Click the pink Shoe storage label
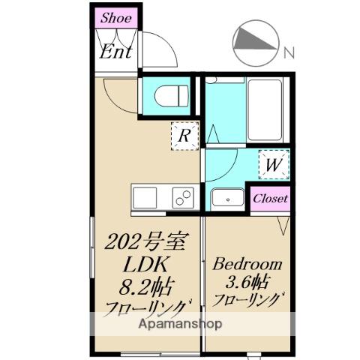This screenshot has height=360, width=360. pos(116,18)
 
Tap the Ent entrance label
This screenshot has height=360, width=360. pos(115,52)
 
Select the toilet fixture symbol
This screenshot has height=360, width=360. pos(172,96)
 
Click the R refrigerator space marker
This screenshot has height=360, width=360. pos(184,136)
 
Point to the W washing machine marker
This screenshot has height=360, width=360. pos(274,164)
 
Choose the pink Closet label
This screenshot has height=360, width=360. pos(270,199)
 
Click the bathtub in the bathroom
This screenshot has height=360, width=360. pos(265,109)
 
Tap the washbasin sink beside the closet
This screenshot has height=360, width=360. pos(228,199)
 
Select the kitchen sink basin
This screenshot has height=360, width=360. pos(145,198)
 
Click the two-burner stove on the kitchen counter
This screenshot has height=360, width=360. pos(183,198)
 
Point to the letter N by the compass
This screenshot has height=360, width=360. pos(289,52)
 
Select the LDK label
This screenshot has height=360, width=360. pos(145,264)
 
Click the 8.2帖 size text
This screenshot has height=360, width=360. pos(145,286)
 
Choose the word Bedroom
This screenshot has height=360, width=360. pos(247,264)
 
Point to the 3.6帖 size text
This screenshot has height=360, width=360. pos(247,282)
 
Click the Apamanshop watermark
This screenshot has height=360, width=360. pos(180,324)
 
